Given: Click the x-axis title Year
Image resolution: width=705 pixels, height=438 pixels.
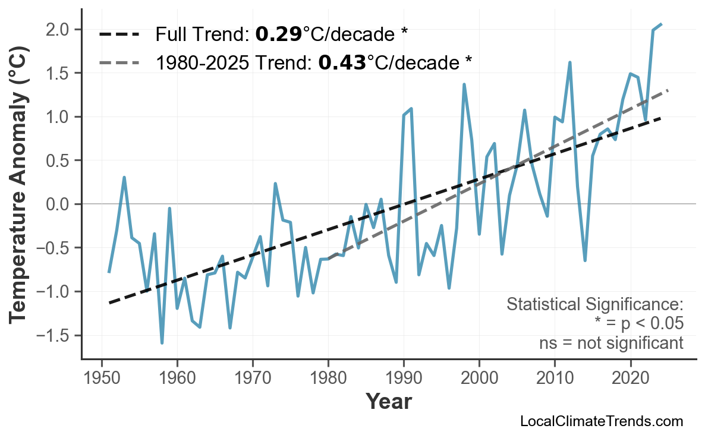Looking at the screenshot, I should [x=388, y=402].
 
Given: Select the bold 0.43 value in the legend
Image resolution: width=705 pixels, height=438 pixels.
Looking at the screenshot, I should [x=342, y=62].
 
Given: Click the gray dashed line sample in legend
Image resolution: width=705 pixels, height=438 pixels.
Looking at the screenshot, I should [x=119, y=62].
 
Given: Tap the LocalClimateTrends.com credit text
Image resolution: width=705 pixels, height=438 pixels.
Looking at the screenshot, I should [x=601, y=421].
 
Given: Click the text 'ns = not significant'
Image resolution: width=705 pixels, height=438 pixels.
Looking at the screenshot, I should [x=611, y=343].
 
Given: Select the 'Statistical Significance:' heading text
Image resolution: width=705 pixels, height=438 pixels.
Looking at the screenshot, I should [x=594, y=305].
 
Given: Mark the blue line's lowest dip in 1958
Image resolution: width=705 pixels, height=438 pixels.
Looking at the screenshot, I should [x=162, y=343].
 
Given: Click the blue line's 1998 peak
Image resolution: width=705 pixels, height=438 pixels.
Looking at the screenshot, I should [x=464, y=84].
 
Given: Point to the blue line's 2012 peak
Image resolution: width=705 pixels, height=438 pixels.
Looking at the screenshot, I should [x=569, y=62].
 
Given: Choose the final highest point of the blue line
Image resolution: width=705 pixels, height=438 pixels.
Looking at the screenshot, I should [x=661, y=24].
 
